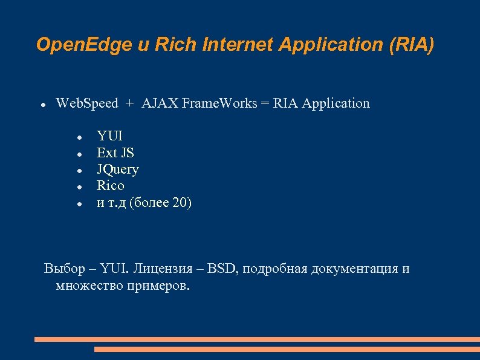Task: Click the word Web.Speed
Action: (87, 103)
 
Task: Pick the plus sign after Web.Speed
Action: (129, 104)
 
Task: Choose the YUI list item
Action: (109, 136)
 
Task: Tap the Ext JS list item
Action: (115, 152)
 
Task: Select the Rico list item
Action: (111, 186)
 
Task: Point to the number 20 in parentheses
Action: (180, 203)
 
